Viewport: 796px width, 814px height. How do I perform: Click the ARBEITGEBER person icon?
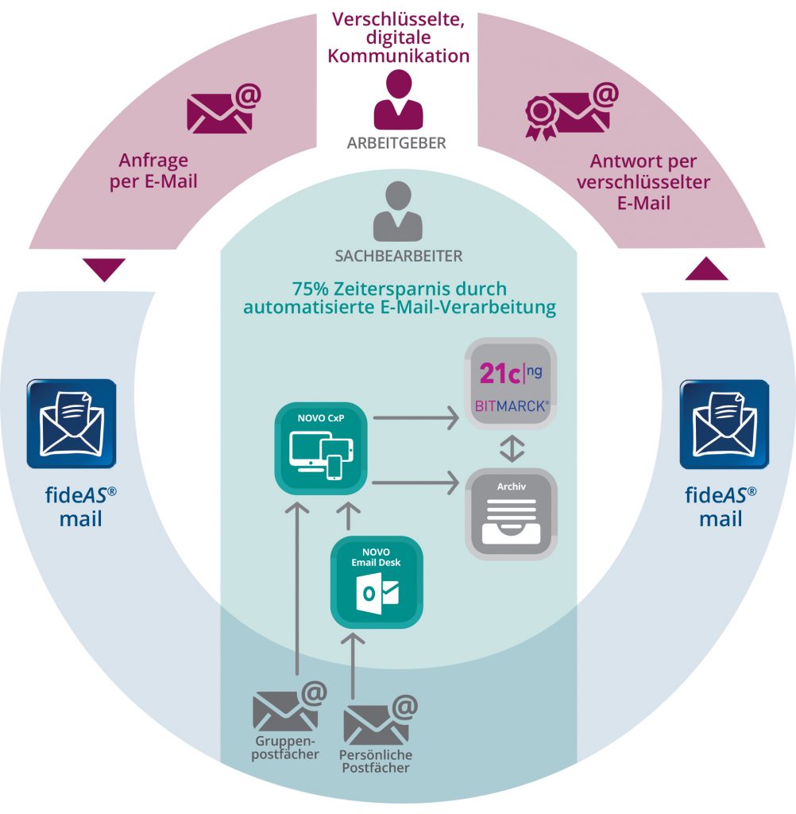[x=398, y=99]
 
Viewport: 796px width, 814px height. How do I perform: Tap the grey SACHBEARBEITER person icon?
[x=398, y=211]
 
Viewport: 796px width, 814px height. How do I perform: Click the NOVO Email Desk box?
[x=377, y=582]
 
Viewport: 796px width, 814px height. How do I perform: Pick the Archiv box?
[x=512, y=514]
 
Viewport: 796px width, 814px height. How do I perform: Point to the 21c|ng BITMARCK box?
[x=512, y=384]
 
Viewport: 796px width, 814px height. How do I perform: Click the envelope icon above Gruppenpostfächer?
[x=288, y=707]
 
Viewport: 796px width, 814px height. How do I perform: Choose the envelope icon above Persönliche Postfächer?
[x=378, y=720]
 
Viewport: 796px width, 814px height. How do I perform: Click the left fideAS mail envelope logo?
[x=71, y=423]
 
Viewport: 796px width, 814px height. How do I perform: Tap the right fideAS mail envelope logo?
[x=725, y=424]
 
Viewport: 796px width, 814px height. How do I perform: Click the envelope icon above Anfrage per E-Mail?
[x=222, y=110]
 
